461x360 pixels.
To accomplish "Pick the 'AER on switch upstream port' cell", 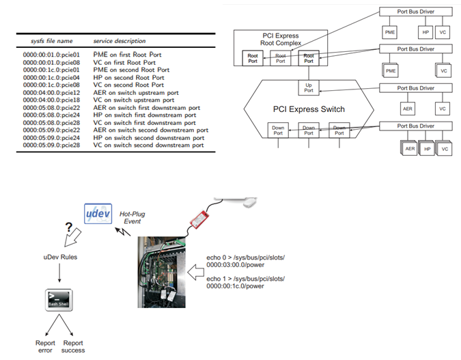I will tap(136, 92).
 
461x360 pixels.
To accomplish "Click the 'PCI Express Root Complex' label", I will tap(281, 40).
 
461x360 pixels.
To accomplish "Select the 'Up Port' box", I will tap(308, 88).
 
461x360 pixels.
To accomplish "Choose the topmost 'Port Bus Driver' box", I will tap(415, 12).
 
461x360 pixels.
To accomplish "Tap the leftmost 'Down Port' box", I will tap(278, 130).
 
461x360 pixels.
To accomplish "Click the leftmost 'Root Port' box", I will tap(253, 59).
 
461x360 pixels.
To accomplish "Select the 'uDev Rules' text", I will tap(55, 257).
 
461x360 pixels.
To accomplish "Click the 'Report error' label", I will tap(45, 346).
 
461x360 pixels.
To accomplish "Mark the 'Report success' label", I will tap(72, 346).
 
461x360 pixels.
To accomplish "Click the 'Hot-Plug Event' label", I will tap(132, 219).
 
